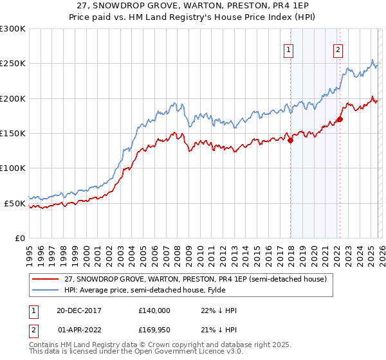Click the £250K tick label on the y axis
tap(13, 64)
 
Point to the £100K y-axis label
tap(13, 168)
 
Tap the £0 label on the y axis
tap(19, 238)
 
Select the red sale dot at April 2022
tap(339, 120)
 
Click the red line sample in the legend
tap(45, 279)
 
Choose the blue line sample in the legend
tap(45, 290)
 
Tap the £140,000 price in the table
tap(154, 310)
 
